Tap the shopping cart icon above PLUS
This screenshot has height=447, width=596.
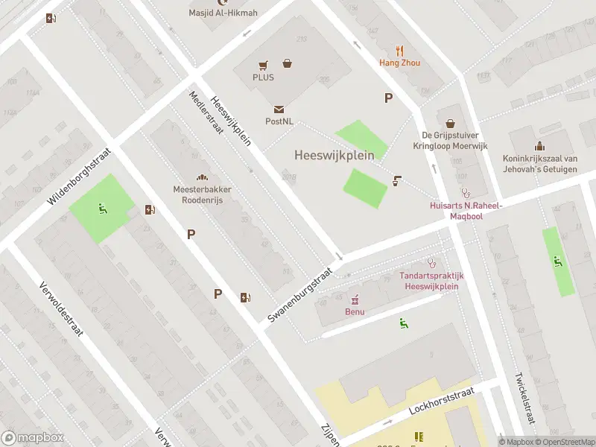click(263, 66)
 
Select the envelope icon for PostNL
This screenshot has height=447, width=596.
click(278, 110)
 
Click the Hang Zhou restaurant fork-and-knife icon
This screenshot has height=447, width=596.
click(399, 51)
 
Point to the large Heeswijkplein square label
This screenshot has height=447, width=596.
click(335, 156)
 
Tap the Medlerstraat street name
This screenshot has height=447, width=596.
click(206, 112)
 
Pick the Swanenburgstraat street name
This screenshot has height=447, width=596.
click(299, 296)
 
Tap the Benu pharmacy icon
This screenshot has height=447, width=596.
click(355, 299)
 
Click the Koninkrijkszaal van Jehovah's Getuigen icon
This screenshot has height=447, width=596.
click(539, 146)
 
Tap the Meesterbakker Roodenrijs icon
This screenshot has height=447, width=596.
click(202, 177)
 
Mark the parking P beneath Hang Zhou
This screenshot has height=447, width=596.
click(388, 98)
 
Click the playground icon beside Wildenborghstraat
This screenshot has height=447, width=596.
click(102, 208)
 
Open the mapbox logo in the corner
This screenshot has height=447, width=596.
click(34, 438)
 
